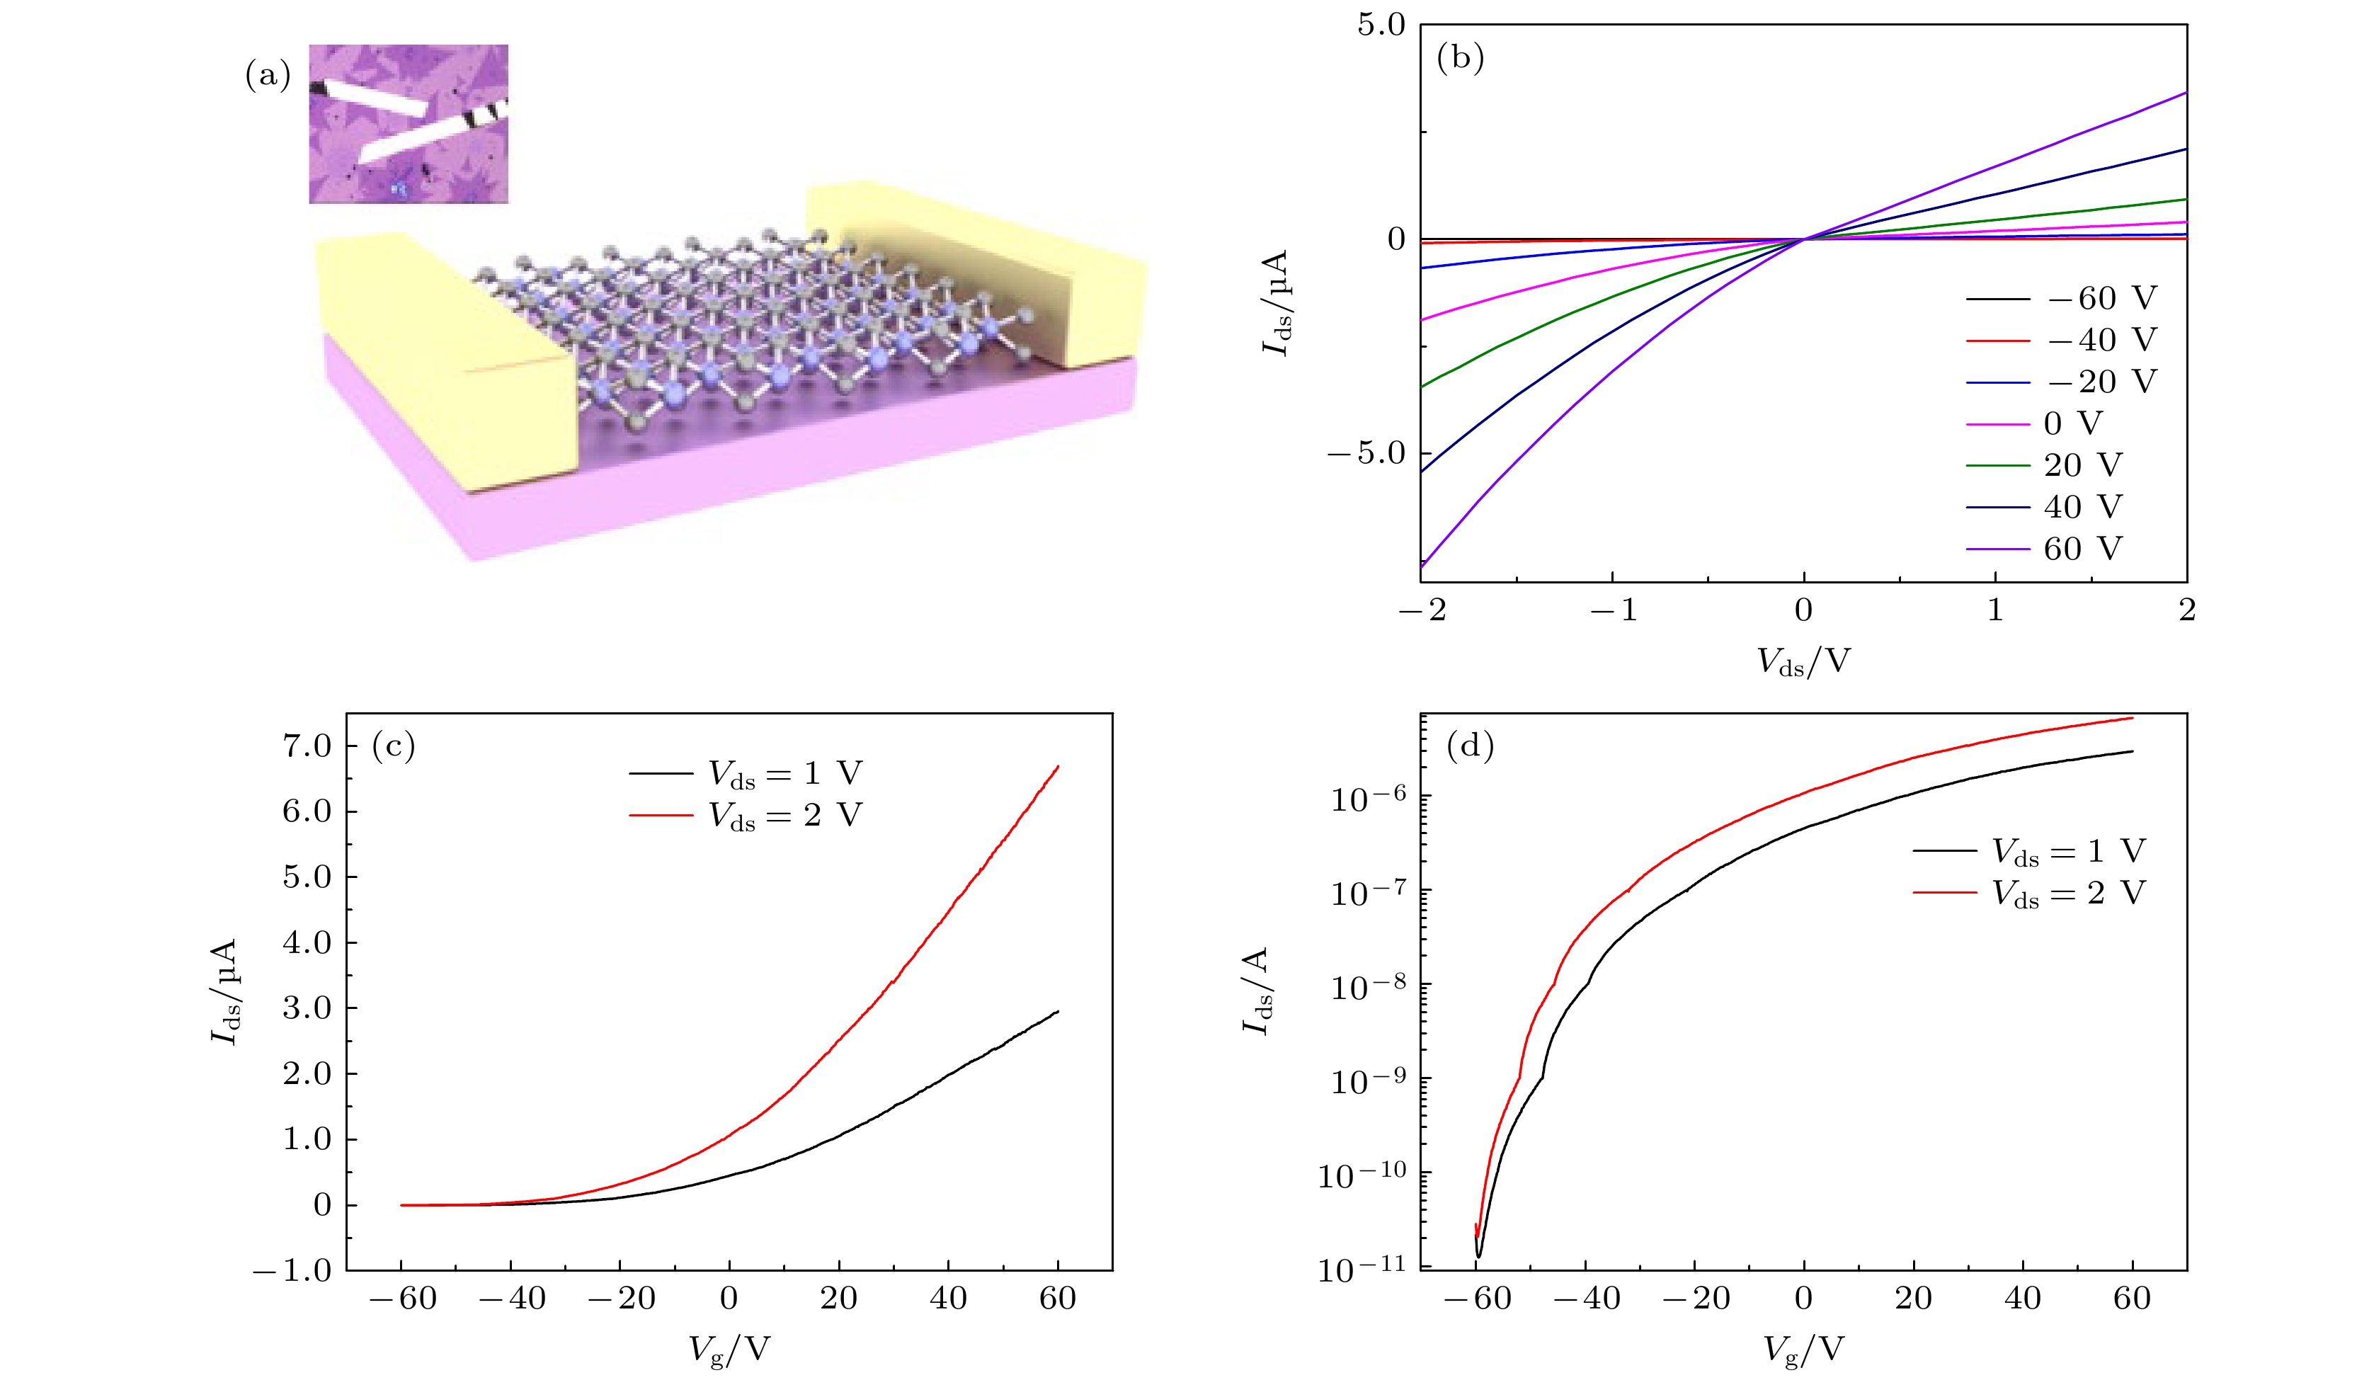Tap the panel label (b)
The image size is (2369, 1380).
(1460, 58)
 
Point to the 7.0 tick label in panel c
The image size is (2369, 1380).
(307, 746)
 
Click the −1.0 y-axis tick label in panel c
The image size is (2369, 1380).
(292, 1271)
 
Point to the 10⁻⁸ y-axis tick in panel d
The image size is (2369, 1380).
(1368, 986)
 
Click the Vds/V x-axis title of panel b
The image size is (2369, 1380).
(1803, 663)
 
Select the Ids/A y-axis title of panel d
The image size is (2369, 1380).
(1256, 990)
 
